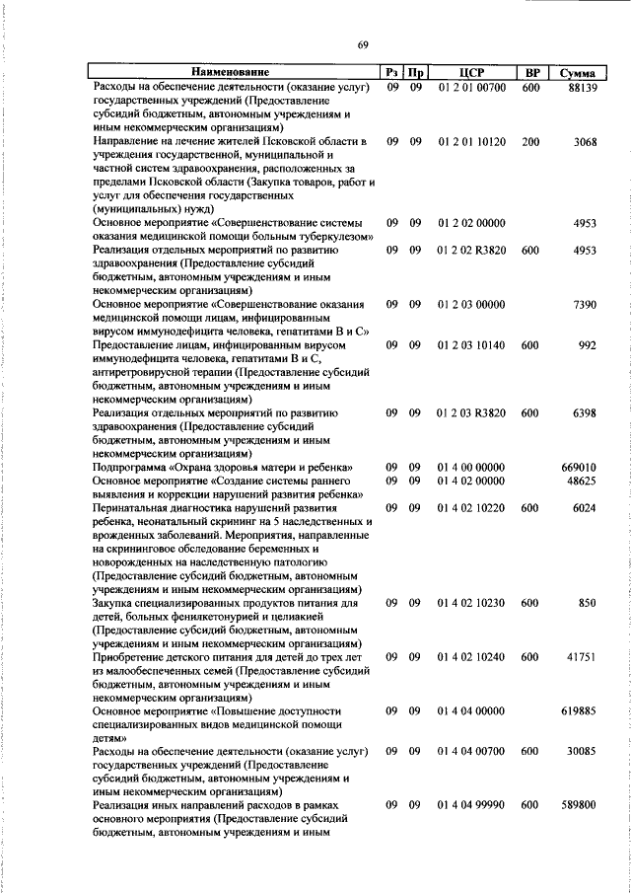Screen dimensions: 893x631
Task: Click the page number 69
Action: point(363,45)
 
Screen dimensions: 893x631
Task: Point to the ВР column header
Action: point(531,73)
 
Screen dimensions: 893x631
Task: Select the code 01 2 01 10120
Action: point(472,142)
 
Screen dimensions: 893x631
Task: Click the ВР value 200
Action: point(530,142)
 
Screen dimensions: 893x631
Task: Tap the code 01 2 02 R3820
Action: point(472,251)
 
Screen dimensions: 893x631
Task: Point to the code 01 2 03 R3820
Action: point(472,413)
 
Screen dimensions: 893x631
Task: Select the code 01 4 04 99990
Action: point(472,805)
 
